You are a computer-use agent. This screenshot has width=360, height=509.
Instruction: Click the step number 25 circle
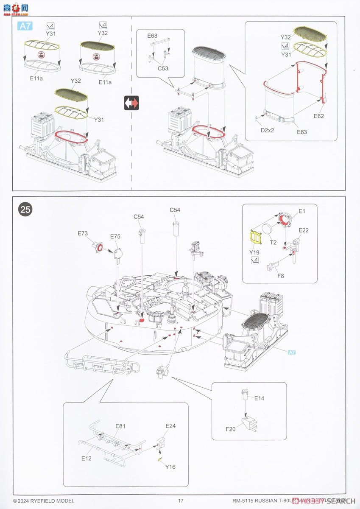pyautogui.click(x=25, y=210)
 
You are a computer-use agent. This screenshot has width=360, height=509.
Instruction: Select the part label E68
pyautogui.click(x=153, y=36)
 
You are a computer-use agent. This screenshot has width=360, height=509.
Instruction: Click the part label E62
pyautogui.click(x=319, y=116)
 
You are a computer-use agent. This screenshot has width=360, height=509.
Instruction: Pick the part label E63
pyautogui.click(x=302, y=132)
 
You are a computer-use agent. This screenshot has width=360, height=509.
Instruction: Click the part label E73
pyautogui.click(x=83, y=233)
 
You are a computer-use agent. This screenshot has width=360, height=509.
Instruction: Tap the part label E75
pyautogui.click(x=115, y=237)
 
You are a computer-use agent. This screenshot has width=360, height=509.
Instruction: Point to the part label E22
pyautogui.click(x=304, y=230)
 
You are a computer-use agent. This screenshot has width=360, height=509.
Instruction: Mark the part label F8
pyautogui.click(x=281, y=276)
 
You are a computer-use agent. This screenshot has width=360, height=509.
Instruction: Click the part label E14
pyautogui.click(x=259, y=398)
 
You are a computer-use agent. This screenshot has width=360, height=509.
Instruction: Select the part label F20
pyautogui.click(x=230, y=429)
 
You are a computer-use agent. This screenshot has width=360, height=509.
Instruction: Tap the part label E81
pyautogui.click(x=120, y=426)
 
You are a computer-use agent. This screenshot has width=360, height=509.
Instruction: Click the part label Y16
pyautogui.click(x=170, y=467)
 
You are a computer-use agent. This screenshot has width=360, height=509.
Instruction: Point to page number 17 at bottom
pyautogui.click(x=181, y=501)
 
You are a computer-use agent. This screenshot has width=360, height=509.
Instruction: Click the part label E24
pyautogui.click(x=170, y=426)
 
